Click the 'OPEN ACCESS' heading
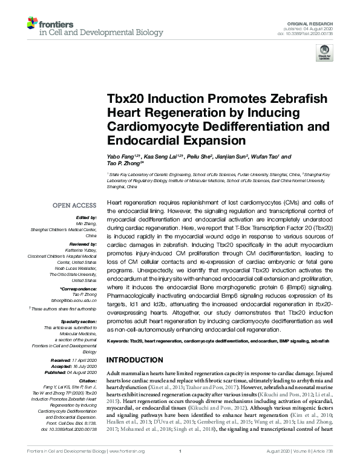[x=74, y=205]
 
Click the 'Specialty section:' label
[x=79, y=321]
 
